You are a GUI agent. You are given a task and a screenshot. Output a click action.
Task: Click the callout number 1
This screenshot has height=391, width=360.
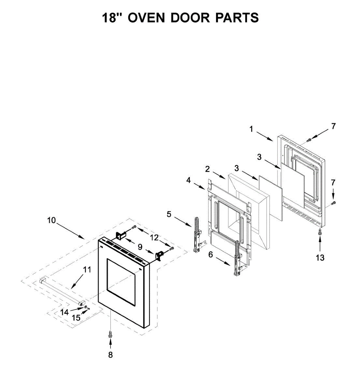click(x=251, y=129)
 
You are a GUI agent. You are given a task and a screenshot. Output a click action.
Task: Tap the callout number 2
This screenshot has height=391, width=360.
click(x=207, y=169)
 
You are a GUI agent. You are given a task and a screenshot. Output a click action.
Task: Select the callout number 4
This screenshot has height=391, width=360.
click(x=189, y=180)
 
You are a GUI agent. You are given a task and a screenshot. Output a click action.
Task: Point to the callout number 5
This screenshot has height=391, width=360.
click(x=169, y=214)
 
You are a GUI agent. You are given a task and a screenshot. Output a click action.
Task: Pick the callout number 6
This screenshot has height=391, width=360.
click(x=211, y=254)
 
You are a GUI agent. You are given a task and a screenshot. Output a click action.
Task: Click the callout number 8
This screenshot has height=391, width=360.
click(x=110, y=355)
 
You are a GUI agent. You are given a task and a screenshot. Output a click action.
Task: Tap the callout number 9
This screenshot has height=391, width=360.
click(x=140, y=247)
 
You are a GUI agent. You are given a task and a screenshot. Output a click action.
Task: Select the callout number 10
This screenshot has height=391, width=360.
click(x=51, y=221)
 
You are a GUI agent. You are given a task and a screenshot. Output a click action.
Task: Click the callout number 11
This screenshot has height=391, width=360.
click(x=87, y=270)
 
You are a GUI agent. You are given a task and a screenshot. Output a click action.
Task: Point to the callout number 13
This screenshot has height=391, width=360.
click(x=320, y=258)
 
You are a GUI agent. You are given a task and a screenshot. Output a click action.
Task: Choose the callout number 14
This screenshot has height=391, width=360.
click(x=65, y=312)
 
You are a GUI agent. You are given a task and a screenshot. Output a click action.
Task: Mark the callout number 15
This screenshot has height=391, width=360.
click(x=76, y=318)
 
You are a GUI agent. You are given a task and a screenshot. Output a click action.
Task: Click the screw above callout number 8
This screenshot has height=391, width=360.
click(x=110, y=334)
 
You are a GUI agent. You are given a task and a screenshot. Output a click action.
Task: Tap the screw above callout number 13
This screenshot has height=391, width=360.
click(x=320, y=232)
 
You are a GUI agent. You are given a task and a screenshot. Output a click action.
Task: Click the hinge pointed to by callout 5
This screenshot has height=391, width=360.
click(x=197, y=235)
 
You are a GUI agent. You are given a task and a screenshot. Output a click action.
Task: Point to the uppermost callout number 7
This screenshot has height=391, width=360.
click(x=333, y=126)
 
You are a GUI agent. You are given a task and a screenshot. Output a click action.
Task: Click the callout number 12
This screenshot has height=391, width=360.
click(x=154, y=238)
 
